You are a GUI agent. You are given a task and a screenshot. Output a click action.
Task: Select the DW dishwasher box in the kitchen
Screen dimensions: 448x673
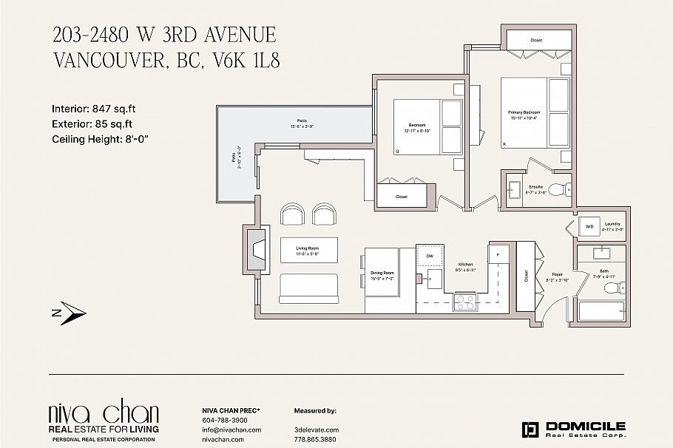[x=429, y=256]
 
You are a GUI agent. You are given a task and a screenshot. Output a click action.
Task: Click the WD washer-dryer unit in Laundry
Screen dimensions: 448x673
[x=589, y=226]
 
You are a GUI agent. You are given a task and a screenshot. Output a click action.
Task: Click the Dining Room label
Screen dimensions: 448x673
[x=382, y=275]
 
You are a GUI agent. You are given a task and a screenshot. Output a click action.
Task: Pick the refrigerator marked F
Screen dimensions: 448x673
[x=498, y=255]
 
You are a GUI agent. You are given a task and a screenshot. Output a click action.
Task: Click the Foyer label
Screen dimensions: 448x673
[x=556, y=278]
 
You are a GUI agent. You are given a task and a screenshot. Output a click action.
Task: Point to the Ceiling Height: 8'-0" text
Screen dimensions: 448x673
[x=106, y=139]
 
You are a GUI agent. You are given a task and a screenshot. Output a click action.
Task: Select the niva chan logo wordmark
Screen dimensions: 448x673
[x=103, y=413]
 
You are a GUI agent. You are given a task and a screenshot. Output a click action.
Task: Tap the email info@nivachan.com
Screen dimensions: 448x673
[x=231, y=430]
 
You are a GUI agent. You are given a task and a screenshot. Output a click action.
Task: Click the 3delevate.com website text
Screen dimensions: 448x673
[x=317, y=430]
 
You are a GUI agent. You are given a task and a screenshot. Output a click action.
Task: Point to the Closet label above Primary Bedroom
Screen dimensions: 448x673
[x=536, y=40]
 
